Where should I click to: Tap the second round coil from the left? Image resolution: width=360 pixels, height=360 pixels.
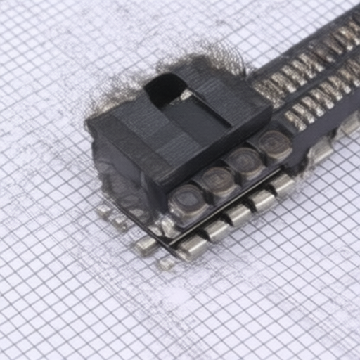pyautogui.click(x=217, y=182)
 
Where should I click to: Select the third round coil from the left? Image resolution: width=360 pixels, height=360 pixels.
pyautogui.click(x=245, y=163)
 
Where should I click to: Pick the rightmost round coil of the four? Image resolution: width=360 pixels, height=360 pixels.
pyautogui.click(x=274, y=144)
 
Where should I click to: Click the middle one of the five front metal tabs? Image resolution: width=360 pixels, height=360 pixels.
pyautogui.click(x=239, y=214)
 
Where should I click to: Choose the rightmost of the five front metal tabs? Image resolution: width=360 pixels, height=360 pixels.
pyautogui.click(x=283, y=184)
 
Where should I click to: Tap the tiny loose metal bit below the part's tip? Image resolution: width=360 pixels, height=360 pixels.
pyautogui.click(x=166, y=263)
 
